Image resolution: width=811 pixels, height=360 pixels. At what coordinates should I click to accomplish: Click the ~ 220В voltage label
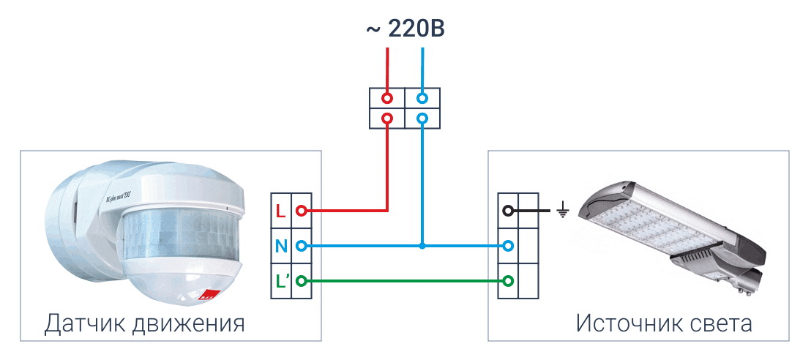pyautogui.click(x=405, y=29)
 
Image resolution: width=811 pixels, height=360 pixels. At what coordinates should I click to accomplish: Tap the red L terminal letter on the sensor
pyautogui.click(x=280, y=211)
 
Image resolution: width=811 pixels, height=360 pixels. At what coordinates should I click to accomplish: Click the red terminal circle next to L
pyautogui.click(x=300, y=211)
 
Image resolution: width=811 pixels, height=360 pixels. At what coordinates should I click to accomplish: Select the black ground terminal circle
pyautogui.click(x=508, y=211)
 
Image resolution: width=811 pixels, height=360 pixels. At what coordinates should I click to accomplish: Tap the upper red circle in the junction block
pyautogui.click(x=387, y=98)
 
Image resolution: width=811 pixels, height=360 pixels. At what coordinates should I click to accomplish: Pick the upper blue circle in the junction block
pyautogui.click(x=422, y=98)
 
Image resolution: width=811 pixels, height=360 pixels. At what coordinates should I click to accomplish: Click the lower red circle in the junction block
pyautogui.click(x=387, y=118)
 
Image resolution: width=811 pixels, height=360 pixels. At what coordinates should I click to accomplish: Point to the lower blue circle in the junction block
pyautogui.click(x=422, y=118)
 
